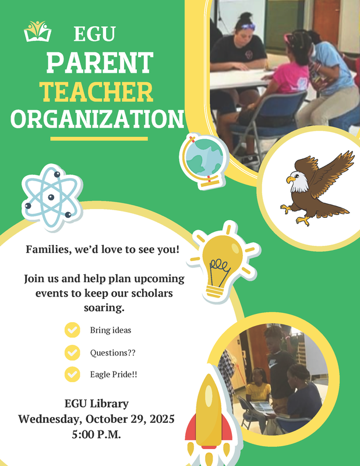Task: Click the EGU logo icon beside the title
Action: [37, 31]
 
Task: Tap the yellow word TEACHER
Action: [96, 91]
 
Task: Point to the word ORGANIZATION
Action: [97, 119]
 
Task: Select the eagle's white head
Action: [298, 182]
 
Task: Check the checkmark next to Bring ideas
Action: [72, 330]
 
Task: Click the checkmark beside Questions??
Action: [72, 352]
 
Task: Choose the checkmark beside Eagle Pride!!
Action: [72, 374]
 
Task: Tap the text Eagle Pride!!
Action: [114, 374]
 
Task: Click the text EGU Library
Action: [97, 404]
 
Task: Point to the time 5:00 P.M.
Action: [96, 434]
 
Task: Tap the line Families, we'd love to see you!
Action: [103, 250]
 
